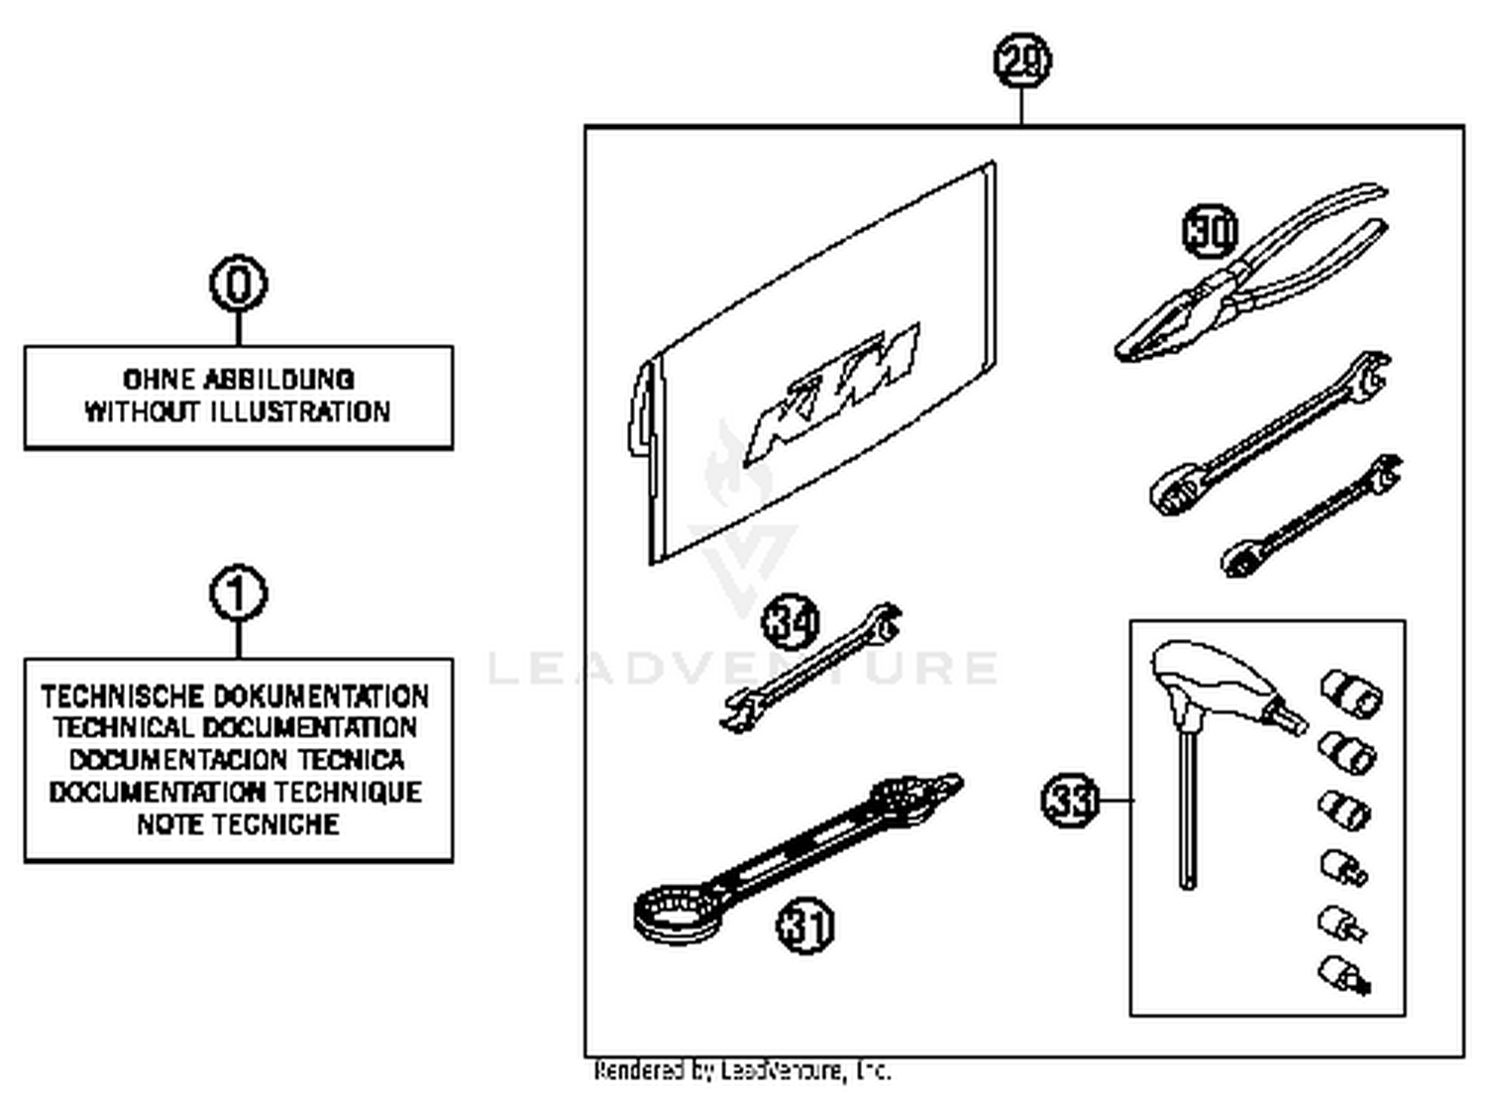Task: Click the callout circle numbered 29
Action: [1021, 61]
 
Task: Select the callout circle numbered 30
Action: [1211, 231]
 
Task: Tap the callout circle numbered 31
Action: [804, 927]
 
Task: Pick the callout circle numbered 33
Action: [1070, 800]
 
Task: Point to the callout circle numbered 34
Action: [790, 622]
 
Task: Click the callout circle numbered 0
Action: [238, 284]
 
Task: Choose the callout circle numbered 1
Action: [238, 595]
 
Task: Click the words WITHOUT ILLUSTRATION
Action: [238, 412]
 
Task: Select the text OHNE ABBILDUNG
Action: [238, 380]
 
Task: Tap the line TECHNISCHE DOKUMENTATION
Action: [236, 696]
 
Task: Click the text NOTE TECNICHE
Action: [238, 825]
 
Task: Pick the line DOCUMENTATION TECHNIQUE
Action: [236, 793]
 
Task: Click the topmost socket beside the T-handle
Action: [1351, 692]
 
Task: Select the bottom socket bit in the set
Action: [1344, 974]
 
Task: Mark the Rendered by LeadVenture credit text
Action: [742, 1071]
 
